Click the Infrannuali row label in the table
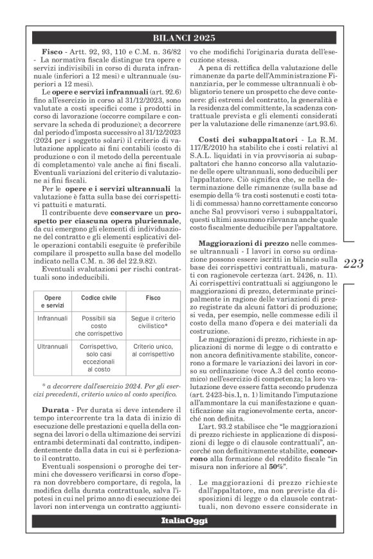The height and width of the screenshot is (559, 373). tap(48, 319)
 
